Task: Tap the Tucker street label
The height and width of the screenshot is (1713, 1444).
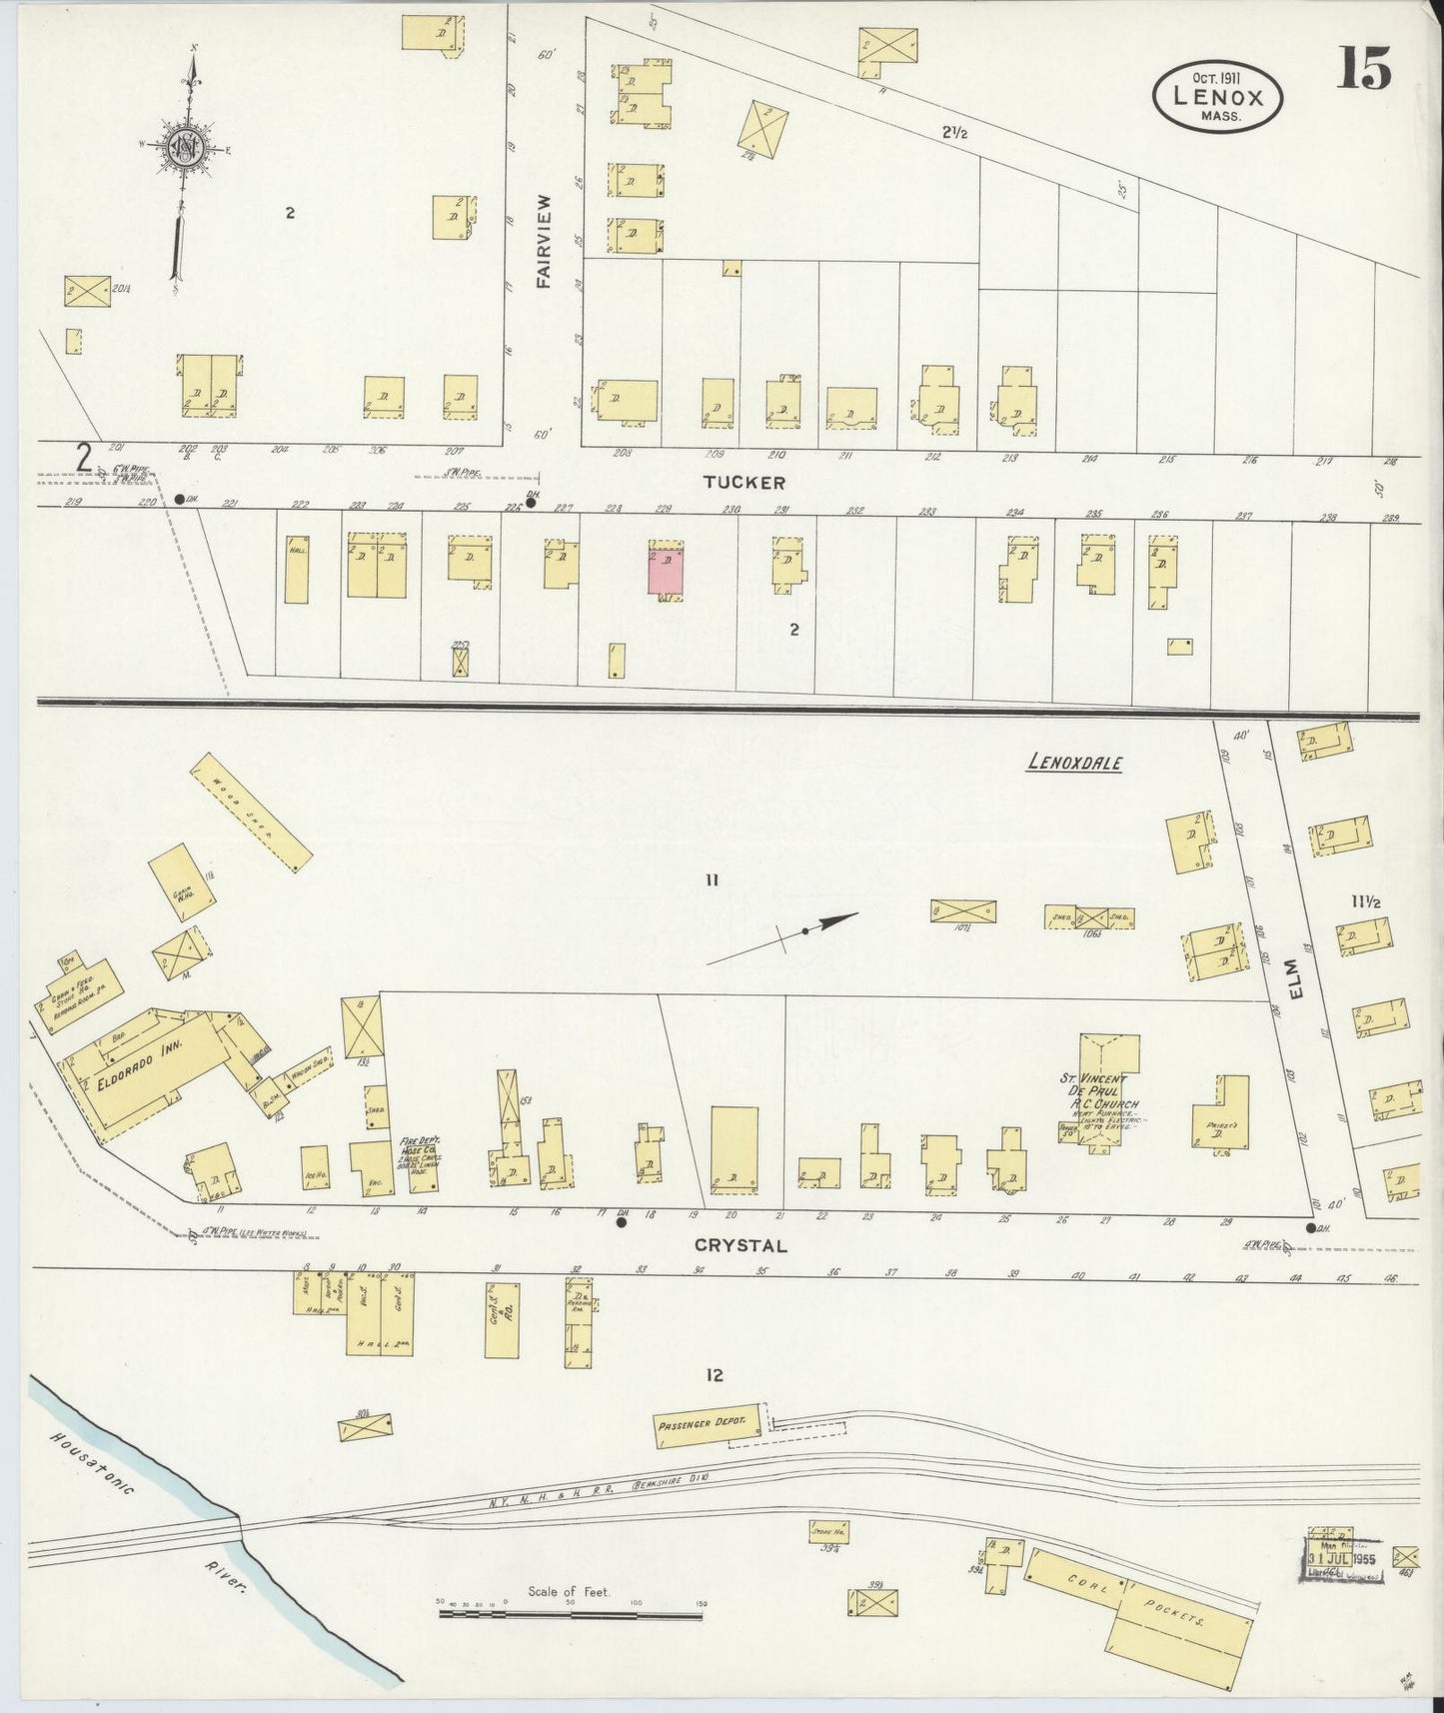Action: [743, 483]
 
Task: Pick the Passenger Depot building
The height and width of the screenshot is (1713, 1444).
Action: [708, 1426]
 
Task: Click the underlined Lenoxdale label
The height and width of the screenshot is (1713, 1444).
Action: [1074, 764]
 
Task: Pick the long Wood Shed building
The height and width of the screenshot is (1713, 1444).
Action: [249, 812]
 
